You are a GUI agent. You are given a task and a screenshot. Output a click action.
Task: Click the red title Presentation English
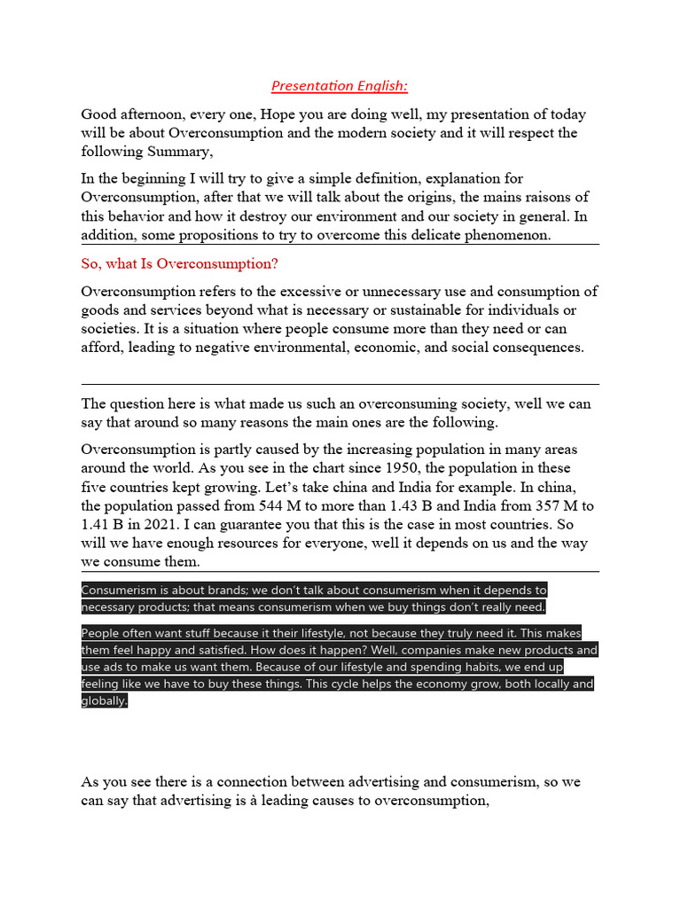point(340,86)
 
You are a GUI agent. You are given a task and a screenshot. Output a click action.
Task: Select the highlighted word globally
point(104,701)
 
